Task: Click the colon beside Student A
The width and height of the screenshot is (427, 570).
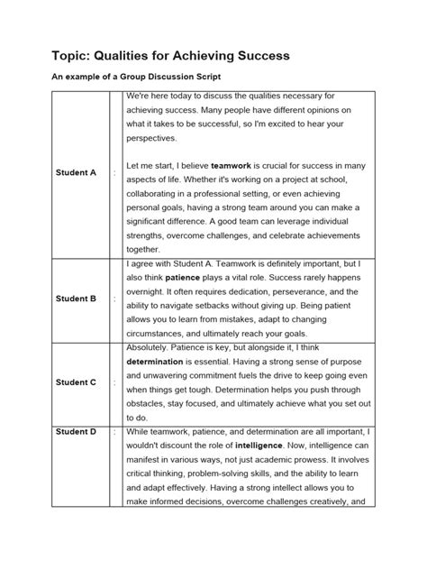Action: pos(114,173)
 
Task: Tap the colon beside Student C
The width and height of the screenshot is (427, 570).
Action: pos(114,382)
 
